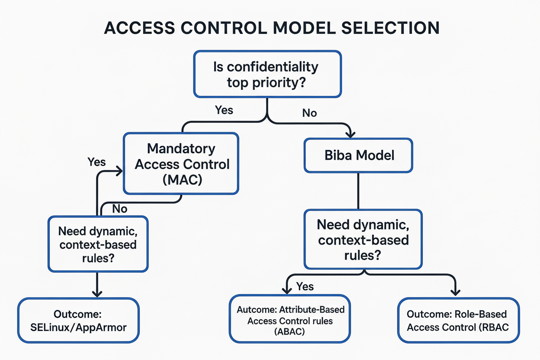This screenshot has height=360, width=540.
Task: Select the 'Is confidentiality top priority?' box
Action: click(267, 74)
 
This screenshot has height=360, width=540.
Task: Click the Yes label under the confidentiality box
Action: click(224, 110)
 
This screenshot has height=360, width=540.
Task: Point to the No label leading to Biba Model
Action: click(309, 113)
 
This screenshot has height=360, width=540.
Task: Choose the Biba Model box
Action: click(359, 155)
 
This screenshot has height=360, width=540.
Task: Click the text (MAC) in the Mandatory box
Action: click(182, 179)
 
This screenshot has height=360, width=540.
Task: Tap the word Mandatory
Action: click(181, 148)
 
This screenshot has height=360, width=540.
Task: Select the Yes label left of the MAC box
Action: click(96, 162)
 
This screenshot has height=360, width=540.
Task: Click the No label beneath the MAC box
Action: click(120, 209)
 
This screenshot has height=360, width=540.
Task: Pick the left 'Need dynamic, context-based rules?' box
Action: click(98, 244)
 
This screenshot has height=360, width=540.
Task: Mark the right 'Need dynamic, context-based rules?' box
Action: click(363, 239)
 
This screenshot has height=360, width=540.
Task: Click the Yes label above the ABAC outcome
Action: click(305, 286)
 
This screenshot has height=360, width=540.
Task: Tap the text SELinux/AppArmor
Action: click(79, 327)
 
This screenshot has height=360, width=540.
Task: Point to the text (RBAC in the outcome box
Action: click(493, 327)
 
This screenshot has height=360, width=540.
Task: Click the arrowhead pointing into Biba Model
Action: click(351, 134)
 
